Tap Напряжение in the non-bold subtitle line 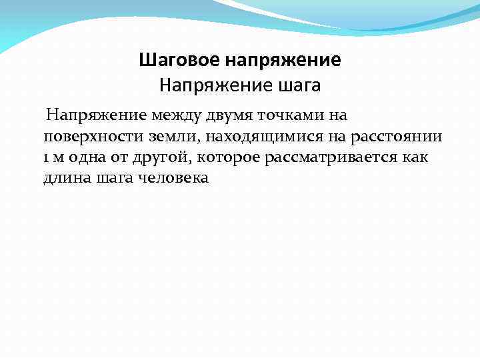coord(204,85)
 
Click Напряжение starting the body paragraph coord(96,116)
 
